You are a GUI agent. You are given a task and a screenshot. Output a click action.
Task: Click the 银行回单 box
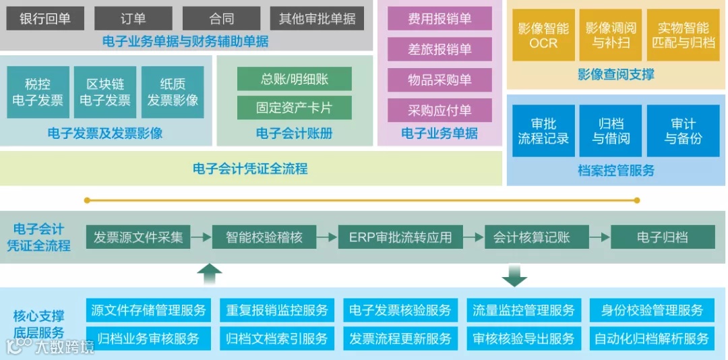coord(45,19)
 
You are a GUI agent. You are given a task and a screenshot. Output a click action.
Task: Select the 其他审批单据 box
coord(317,19)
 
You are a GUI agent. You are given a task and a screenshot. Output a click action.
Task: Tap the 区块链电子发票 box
coord(105,92)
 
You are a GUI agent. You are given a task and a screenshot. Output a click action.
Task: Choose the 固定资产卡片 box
coord(295,107)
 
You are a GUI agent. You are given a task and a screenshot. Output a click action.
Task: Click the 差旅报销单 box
coord(439,49)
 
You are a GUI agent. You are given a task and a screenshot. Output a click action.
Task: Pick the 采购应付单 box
coord(439,110)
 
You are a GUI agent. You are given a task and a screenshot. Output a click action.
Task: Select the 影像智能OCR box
coord(543,35)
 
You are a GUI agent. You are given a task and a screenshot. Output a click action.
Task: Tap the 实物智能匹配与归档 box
coord(683,35)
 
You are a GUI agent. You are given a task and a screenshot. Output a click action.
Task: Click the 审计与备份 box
coord(683,131)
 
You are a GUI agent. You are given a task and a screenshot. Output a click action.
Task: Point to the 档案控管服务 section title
coord(616,171)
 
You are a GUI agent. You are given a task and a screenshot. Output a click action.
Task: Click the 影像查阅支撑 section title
coord(616,74)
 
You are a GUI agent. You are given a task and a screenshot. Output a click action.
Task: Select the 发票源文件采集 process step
coord(138,237)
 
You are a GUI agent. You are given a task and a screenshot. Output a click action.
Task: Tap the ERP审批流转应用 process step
coord(400,237)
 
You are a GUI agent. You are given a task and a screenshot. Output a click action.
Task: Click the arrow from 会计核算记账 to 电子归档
coord(599,237)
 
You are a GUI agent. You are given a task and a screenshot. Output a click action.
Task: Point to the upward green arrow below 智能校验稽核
coord(210,274)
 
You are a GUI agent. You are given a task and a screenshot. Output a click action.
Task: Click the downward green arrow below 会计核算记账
coord(514,275)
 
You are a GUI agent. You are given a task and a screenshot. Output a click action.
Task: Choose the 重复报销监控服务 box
coord(277,310)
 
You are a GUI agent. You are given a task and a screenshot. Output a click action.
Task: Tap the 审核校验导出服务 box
coord(524,338)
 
